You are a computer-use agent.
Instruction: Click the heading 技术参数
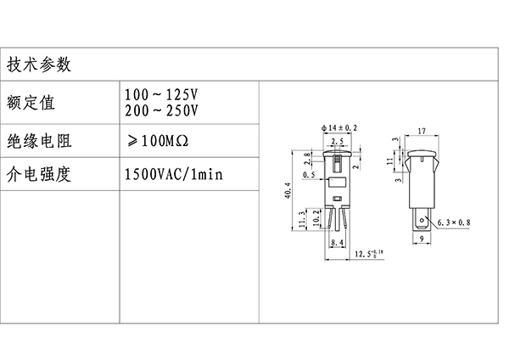pyautogui.click(x=40, y=65)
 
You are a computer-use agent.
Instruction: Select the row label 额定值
pyautogui.click(x=31, y=103)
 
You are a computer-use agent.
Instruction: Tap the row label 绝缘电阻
pyautogui.click(x=40, y=141)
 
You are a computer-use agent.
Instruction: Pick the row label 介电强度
pyautogui.click(x=40, y=176)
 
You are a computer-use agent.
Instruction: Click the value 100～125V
pyautogui.click(x=161, y=93)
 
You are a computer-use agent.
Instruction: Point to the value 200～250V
pyautogui.click(x=161, y=110)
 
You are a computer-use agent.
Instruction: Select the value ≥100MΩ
pyautogui.click(x=159, y=140)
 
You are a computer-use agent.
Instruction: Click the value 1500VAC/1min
pyautogui.click(x=173, y=176)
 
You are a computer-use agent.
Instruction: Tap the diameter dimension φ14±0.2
pyautogui.click(x=339, y=126)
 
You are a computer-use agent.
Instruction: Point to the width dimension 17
pyautogui.click(x=421, y=132)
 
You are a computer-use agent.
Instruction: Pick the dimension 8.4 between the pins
pyautogui.click(x=336, y=243)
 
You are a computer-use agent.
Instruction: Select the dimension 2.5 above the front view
pyautogui.click(x=338, y=140)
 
